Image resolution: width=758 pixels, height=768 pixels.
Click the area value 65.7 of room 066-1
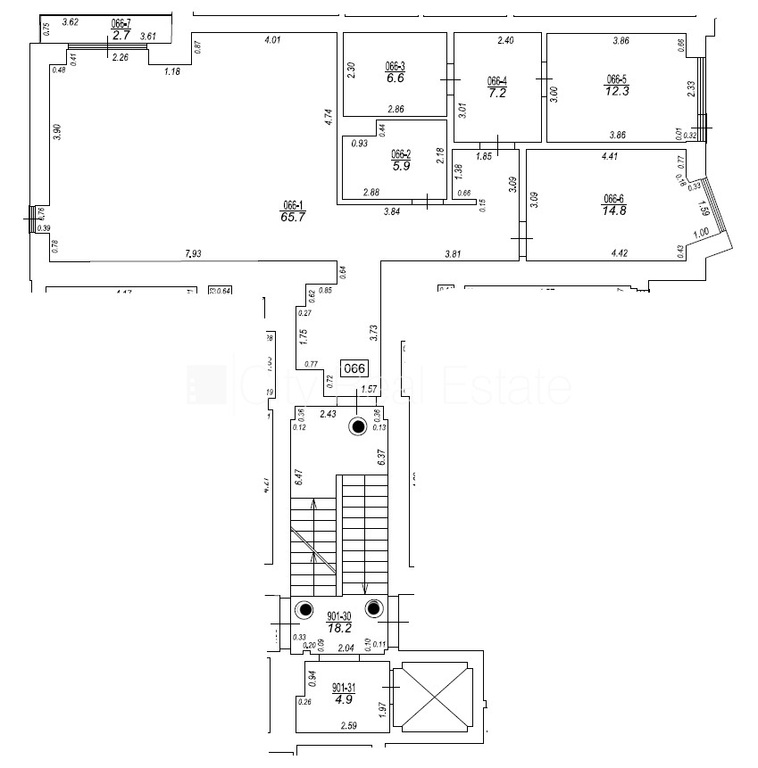click(x=294, y=216)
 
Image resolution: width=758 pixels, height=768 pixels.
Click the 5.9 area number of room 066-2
click(x=400, y=165)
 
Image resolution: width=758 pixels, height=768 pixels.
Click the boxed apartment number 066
click(x=355, y=367)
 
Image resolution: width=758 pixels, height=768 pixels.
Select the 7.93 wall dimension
click(x=193, y=254)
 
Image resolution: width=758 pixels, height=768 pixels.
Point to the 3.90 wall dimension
click(x=57, y=130)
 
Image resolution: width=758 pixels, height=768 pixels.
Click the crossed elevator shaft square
click(x=435, y=697)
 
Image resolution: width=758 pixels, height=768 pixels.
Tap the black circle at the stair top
click(x=358, y=427)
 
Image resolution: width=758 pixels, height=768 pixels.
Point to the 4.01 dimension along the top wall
click(x=273, y=39)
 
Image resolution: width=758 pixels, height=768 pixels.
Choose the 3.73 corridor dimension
click(x=374, y=333)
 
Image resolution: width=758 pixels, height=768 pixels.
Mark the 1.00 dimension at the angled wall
click(x=700, y=232)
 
